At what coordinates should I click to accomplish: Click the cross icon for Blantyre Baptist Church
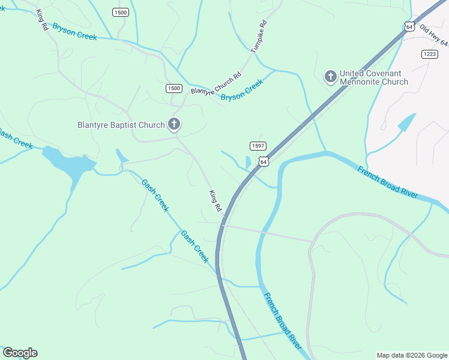click(174, 125)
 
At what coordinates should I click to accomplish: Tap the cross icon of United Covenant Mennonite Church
click(330, 77)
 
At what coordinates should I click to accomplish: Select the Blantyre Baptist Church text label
click(121, 125)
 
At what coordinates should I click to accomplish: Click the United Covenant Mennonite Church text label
click(373, 78)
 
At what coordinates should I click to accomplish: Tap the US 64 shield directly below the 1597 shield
click(264, 161)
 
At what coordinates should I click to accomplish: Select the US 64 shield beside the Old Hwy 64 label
click(409, 27)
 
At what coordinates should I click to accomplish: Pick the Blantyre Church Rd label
click(215, 84)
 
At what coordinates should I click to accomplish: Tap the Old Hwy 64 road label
click(433, 35)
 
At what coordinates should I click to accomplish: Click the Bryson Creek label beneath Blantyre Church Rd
click(242, 91)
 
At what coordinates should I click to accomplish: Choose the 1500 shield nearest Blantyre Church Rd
click(173, 88)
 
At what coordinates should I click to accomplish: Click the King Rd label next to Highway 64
click(215, 200)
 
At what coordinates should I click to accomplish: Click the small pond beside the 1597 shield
click(249, 162)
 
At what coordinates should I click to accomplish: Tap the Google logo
click(20, 353)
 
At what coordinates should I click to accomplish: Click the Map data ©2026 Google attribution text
click(412, 355)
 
